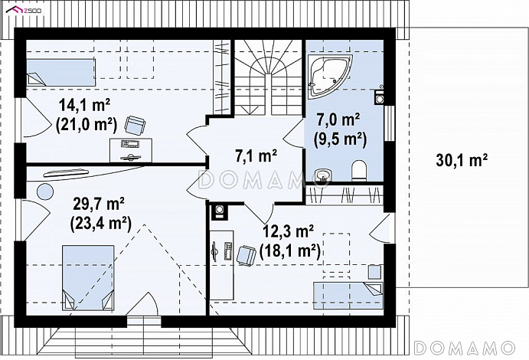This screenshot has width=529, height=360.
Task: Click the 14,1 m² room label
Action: tap(85, 106)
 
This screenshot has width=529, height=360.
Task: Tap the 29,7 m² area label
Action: tap(99, 204)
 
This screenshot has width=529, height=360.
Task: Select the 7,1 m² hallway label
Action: tap(256, 156)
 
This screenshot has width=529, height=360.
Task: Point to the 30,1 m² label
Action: tap(462, 159)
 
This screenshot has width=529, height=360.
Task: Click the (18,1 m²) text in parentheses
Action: tap(290, 251)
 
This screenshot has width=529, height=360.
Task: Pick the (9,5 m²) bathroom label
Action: tap(340, 139)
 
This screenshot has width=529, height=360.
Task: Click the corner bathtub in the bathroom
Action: tap(330, 76)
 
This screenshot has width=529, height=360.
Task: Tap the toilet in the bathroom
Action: tap(358, 170)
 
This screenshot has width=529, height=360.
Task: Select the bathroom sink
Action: tap(323, 177)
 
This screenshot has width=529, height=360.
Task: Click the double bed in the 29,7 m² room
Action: tap(88, 278)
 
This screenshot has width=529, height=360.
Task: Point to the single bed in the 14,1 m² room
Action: tap(60, 72)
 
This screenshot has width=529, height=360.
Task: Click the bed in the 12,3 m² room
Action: tap(348, 296)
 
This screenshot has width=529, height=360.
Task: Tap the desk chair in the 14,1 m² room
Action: tap(136, 125)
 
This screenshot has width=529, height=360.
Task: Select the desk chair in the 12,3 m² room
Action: tap(246, 255)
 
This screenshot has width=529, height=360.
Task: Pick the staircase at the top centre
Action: tap(268, 77)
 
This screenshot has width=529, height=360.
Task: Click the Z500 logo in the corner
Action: tap(24, 10)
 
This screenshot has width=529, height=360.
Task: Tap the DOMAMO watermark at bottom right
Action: tap(464, 348)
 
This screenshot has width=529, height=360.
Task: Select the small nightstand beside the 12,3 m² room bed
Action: tap(374, 272)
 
